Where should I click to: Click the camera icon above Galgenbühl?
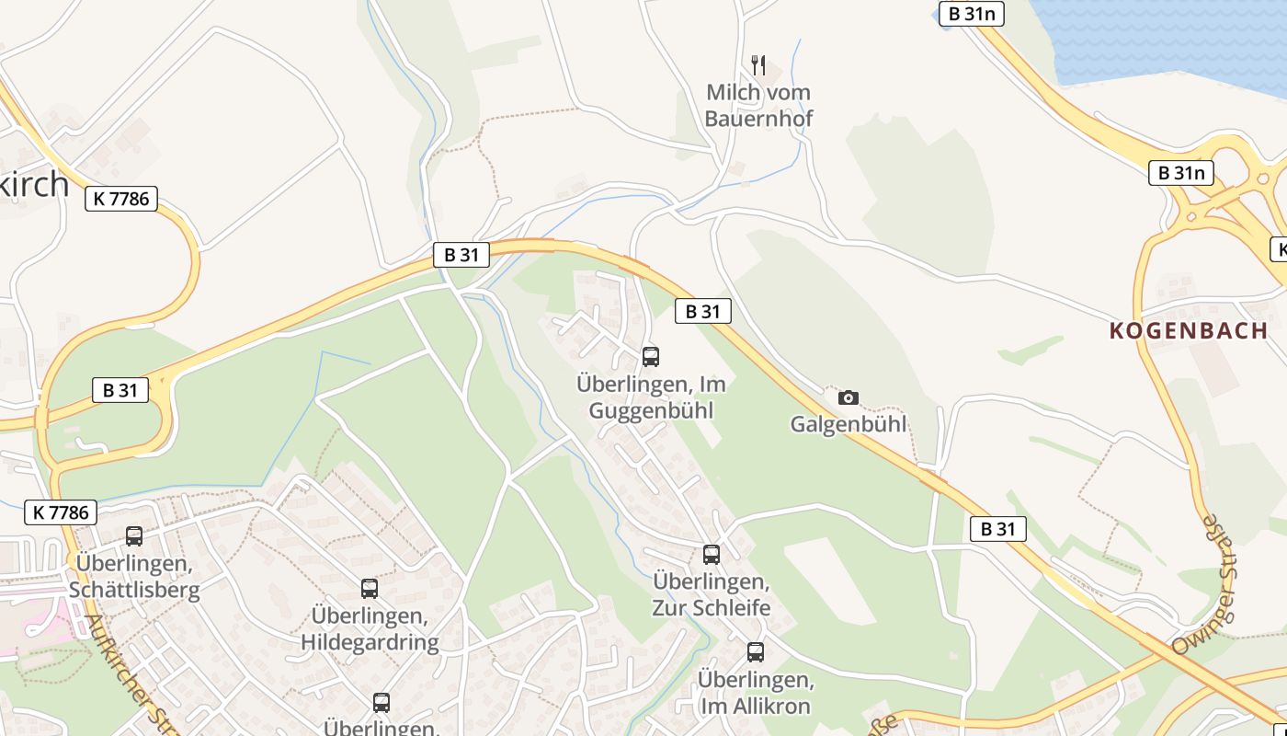point(849,398)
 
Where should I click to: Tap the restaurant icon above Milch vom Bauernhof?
point(758,64)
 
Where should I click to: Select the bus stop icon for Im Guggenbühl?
point(651,357)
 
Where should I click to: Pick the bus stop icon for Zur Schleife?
point(712,555)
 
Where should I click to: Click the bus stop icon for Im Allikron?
point(756,652)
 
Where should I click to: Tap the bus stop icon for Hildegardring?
point(370,589)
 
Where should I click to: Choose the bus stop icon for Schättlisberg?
point(134,536)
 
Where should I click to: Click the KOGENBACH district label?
point(1189,331)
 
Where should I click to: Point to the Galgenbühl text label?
point(849,424)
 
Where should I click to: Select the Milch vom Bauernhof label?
point(758,105)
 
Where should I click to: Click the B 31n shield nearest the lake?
point(971,14)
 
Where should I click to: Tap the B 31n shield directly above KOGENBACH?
point(1181,172)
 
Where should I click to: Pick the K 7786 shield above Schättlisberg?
point(61,512)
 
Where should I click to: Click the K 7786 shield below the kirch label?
point(121,198)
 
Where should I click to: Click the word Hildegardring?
point(370,641)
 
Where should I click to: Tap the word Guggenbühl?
point(651,410)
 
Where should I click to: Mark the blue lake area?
point(1167,37)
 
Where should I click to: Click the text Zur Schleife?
point(712,607)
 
